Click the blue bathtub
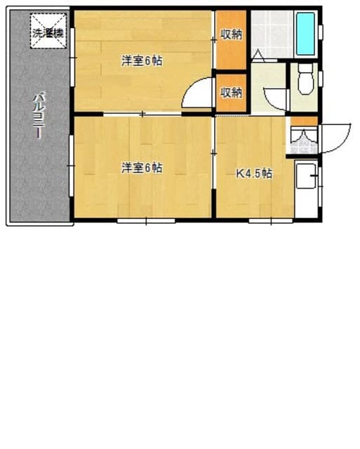coord(307,33)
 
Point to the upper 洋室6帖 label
coord(142,61)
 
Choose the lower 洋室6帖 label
coord(142,168)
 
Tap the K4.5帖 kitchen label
coord(253,173)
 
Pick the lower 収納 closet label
coord(232,92)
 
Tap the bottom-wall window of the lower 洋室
coord(146,221)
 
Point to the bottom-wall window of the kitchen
coord(270,221)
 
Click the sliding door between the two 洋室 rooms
coord(142,113)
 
